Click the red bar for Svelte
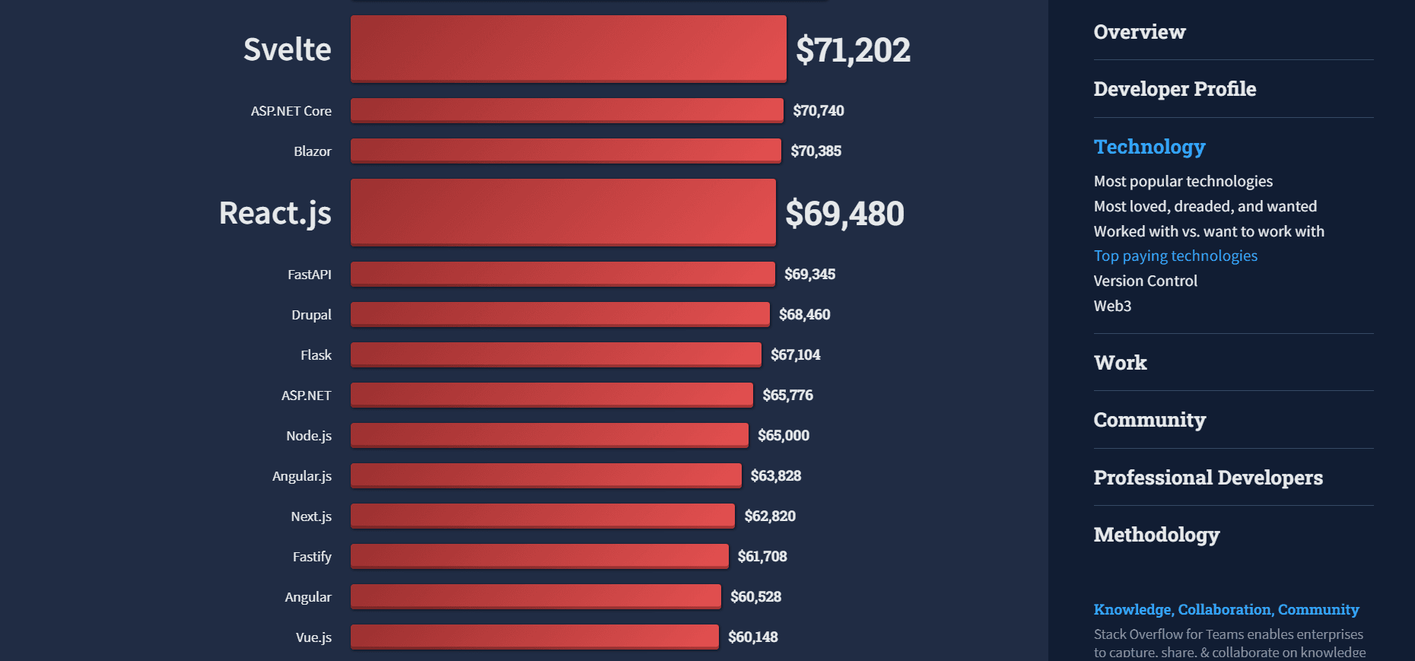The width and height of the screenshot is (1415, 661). (568, 49)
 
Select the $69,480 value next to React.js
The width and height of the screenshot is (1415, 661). (844, 214)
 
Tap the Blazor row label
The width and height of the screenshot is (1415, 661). (313, 151)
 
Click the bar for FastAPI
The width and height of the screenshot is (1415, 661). (562, 274)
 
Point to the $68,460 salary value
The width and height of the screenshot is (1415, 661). (804, 315)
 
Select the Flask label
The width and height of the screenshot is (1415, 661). (316, 355)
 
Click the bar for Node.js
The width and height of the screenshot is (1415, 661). (549, 435)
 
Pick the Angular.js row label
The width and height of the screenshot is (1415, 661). (302, 476)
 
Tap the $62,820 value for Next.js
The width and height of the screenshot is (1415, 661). (770, 516)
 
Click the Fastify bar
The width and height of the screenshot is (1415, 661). (539, 556)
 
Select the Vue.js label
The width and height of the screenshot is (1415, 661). (313, 637)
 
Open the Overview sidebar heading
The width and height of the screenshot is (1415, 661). (1139, 32)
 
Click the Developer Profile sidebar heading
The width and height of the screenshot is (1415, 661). (1175, 89)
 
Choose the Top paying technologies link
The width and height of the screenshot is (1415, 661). (1175, 256)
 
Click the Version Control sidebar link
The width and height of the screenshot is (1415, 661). (1145, 281)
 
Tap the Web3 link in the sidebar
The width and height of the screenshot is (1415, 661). (1112, 307)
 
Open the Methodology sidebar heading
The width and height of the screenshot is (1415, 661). (1156, 535)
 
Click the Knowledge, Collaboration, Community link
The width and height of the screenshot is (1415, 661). (1226, 610)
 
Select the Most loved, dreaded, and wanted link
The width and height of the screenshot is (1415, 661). (1205, 207)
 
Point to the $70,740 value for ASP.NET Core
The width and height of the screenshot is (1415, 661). (818, 111)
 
